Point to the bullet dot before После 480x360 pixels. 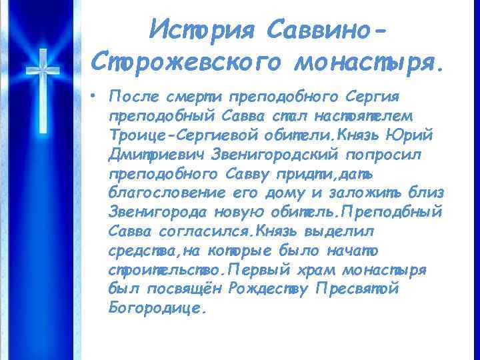tap(98, 95)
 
